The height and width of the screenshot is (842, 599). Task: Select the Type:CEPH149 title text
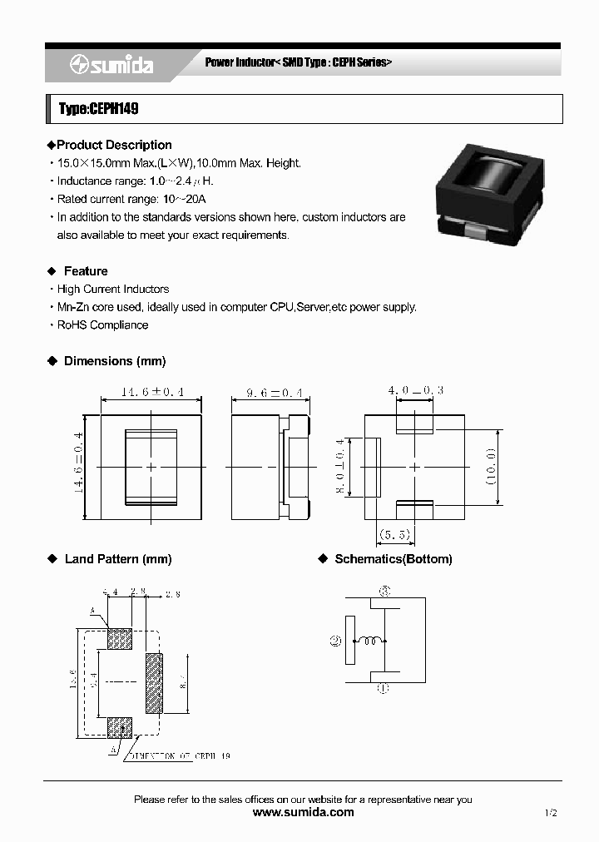tap(99, 109)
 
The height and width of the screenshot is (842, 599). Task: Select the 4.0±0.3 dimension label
tap(415, 389)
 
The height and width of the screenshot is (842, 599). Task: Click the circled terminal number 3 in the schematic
tap(384, 592)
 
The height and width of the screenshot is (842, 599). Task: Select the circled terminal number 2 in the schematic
tap(335, 641)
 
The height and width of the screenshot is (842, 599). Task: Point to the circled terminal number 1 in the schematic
tap(384, 689)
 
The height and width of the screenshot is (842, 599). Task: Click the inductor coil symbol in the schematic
tap(372, 641)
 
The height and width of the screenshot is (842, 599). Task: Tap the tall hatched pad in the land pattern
tap(155, 684)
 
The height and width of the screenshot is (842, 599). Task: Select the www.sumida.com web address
tap(303, 812)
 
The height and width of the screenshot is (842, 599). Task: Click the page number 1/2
tap(551, 812)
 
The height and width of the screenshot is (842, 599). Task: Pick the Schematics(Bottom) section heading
tap(393, 559)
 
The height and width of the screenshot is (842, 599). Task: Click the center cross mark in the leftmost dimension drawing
tap(151, 468)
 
